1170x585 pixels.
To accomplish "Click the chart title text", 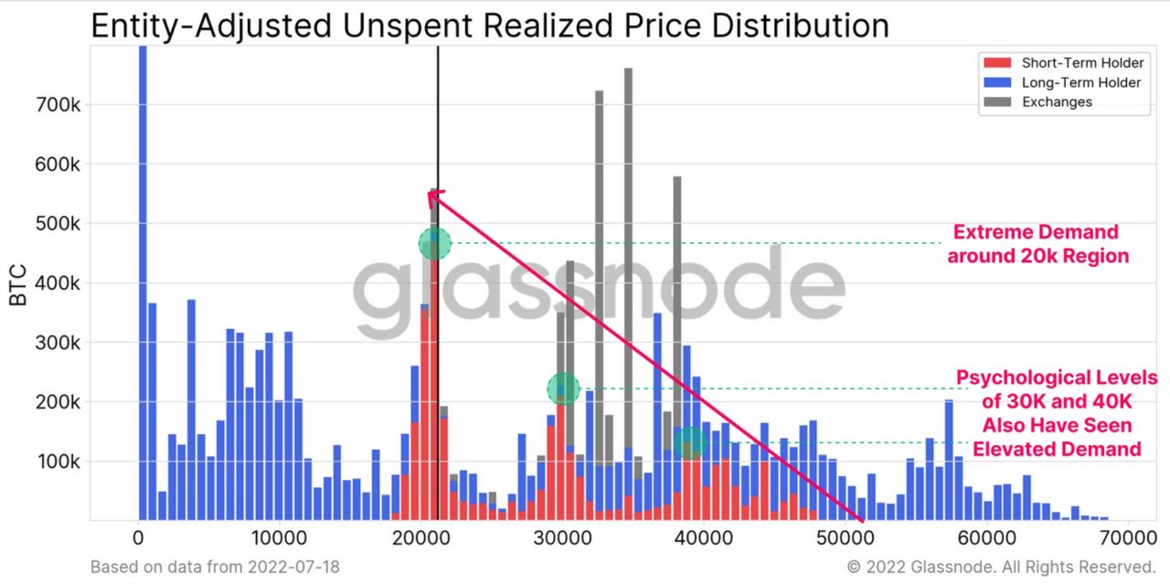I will (489, 25).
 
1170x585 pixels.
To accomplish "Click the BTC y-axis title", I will (19, 285).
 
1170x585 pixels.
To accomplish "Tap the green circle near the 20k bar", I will (435, 243).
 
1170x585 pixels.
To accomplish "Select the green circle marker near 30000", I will (563, 389).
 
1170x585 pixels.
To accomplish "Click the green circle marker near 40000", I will (692, 442).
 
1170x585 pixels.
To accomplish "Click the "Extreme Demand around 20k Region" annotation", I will (1037, 244).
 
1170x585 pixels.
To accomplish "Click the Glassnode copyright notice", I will (1002, 568).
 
